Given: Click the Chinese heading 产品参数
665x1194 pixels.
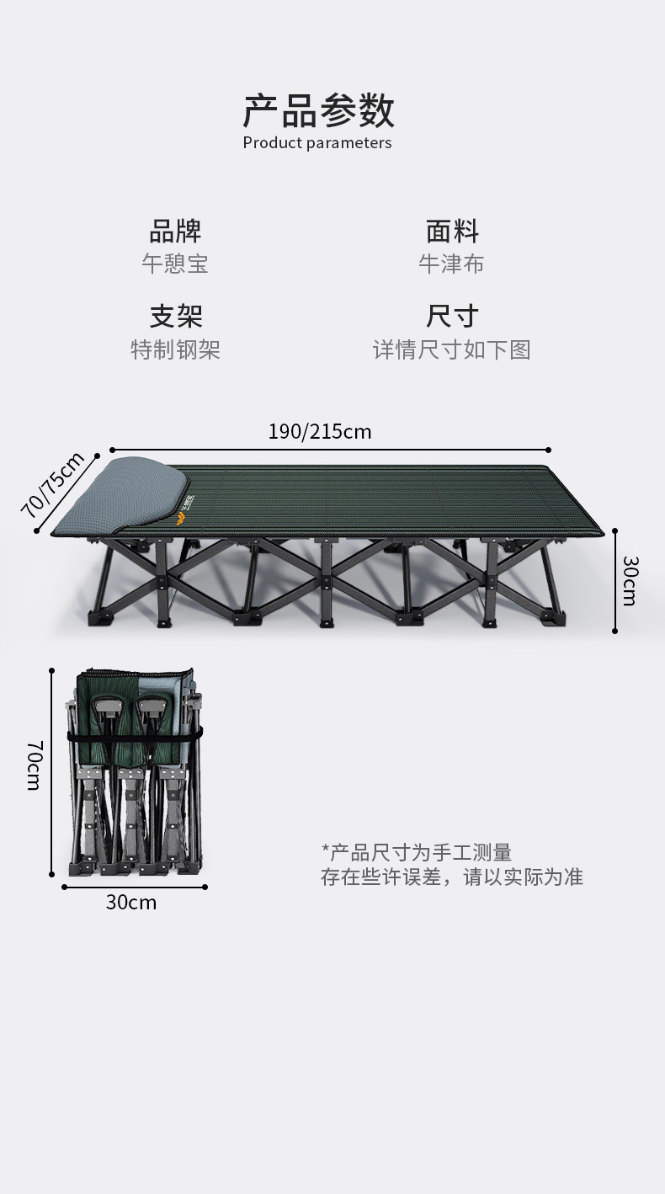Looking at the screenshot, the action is [x=318, y=110].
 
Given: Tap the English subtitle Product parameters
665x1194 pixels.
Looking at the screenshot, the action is [x=317, y=143].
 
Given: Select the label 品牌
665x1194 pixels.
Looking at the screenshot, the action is [x=175, y=231].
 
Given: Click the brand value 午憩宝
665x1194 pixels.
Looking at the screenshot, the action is [x=175, y=264].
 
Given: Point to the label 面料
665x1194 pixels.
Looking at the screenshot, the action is [x=452, y=231].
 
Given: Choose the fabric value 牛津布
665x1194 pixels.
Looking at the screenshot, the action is [x=452, y=264].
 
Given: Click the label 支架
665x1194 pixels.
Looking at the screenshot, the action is [x=175, y=316].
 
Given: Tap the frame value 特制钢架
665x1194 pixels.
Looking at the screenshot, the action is [x=175, y=349].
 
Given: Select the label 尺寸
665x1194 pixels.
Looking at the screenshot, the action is [x=452, y=316].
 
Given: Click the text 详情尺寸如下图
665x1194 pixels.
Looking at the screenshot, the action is [x=452, y=349].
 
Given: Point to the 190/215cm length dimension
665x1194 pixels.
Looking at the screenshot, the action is [x=320, y=432].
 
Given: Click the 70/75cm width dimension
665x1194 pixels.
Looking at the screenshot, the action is [x=53, y=485].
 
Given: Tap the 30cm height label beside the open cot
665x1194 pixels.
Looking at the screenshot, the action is [x=630, y=580].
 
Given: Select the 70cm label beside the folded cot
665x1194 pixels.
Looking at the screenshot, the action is [x=34, y=765].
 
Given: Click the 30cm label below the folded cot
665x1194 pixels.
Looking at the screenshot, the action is [x=131, y=903].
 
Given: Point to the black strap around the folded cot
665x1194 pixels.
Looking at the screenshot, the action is [x=135, y=738].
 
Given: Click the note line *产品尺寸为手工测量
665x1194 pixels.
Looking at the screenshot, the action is [x=417, y=852].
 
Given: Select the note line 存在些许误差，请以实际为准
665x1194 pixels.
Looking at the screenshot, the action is [x=451, y=877].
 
